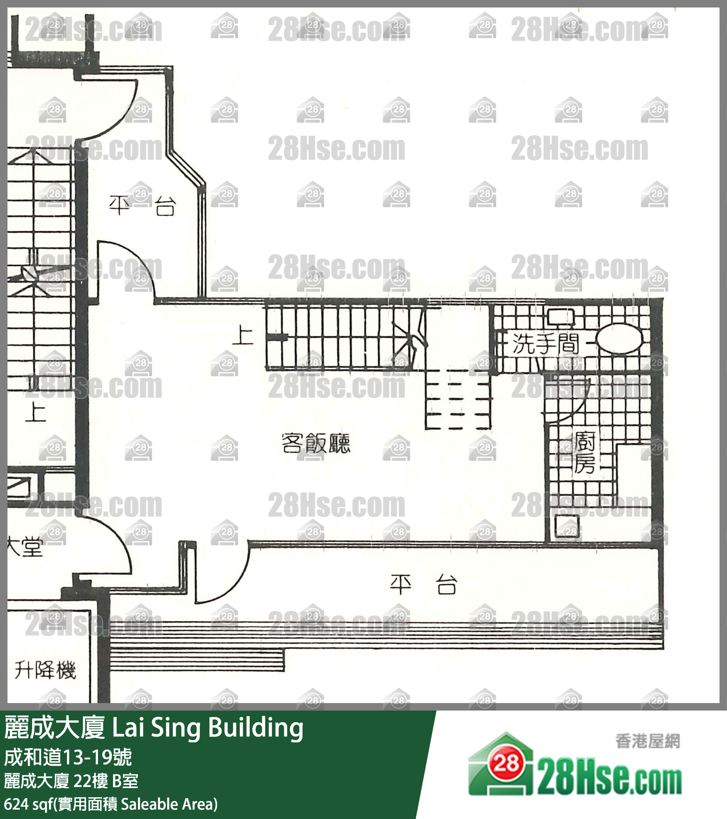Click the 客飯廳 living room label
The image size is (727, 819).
(x=316, y=443)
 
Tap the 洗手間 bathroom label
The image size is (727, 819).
(x=546, y=343)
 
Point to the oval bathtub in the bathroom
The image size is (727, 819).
(x=619, y=338)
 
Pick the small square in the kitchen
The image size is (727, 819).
(x=567, y=527)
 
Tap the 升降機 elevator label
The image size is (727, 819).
(x=45, y=669)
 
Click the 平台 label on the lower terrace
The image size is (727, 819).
(x=423, y=585)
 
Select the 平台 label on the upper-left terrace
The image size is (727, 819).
(x=142, y=205)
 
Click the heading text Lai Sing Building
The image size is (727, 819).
(x=208, y=728)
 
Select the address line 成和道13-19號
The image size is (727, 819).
(x=68, y=757)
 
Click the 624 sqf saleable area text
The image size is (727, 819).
(x=111, y=804)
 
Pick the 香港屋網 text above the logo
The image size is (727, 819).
(x=648, y=741)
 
